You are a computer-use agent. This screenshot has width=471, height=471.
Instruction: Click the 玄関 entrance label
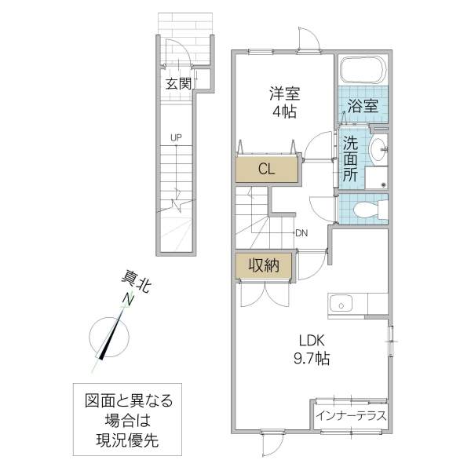pyautogui.click(x=178, y=83)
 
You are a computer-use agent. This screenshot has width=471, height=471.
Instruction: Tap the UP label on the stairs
pyautogui.click(x=177, y=138)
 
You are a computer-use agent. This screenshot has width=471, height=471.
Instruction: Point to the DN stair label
pyautogui.click(x=302, y=232)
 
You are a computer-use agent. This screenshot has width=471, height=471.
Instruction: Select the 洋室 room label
pyautogui.click(x=285, y=93)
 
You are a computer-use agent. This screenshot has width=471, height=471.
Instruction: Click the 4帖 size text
pyautogui.click(x=285, y=111)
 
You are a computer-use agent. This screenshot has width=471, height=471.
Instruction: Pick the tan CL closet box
pyautogui.click(x=267, y=168)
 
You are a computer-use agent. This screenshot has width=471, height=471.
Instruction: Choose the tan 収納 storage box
pyautogui.click(x=265, y=266)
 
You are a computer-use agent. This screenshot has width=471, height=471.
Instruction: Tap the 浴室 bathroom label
pyautogui.click(x=363, y=106)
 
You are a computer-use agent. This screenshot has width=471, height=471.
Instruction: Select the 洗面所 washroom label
pyautogui.click(x=351, y=159)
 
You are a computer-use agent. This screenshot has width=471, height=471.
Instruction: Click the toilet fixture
pyautogui.click(x=368, y=210)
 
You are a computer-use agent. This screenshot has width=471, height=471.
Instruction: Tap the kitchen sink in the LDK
pyautogui.click(x=341, y=302)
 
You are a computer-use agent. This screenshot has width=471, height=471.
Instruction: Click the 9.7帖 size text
pyautogui.click(x=312, y=359)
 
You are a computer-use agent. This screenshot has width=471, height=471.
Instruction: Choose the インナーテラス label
pyautogui.click(x=351, y=415)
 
